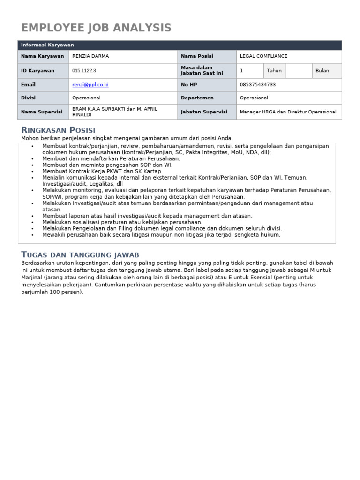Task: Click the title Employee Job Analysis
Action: click(97, 28)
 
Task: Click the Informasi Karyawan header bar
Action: click(180, 45)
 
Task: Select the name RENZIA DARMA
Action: click(91, 56)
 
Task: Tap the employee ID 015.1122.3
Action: click(84, 71)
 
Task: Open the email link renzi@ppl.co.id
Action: click(90, 85)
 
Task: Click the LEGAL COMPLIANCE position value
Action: click(263, 56)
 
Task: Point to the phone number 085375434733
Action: click(258, 85)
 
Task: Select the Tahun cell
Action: click(274, 71)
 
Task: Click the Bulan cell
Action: click(322, 71)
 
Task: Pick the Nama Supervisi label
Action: click(42, 112)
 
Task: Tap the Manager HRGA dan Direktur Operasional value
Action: click(288, 112)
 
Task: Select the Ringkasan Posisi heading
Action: click(59, 130)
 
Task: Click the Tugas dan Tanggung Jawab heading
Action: click(80, 255)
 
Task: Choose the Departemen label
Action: click(197, 98)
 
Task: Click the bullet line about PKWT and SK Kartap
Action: click(102, 172)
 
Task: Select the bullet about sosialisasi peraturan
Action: click(122, 222)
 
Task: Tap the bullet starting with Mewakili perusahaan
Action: click(161, 235)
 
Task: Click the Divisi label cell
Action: click(29, 98)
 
